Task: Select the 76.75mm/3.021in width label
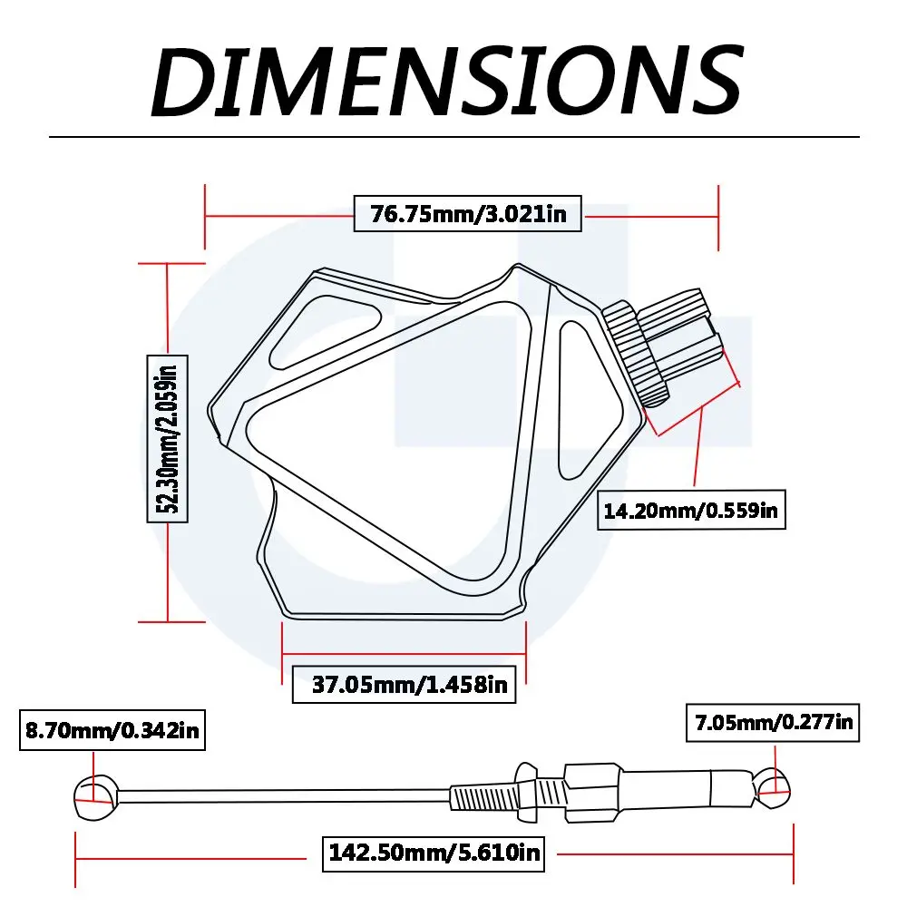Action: pos(467,213)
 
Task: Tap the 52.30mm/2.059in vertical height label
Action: pos(167,438)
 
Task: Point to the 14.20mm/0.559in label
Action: pos(691,510)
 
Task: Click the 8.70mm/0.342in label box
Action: pos(112,730)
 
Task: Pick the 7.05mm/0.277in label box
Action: pos(773,723)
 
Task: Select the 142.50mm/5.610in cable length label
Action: pos(434,853)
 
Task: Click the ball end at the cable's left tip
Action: pos(95,797)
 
